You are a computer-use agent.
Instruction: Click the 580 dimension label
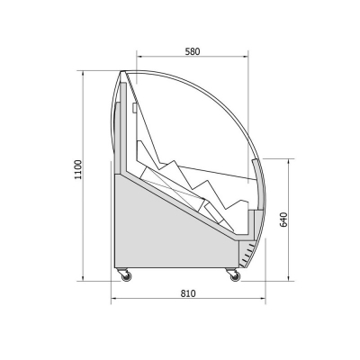193,51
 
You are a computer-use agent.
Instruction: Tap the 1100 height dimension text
78,169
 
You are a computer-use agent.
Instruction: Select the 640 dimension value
283,220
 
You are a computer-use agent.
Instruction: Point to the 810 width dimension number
188,293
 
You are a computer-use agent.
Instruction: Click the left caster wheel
126,276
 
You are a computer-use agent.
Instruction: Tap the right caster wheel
235,276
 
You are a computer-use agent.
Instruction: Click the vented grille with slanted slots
247,254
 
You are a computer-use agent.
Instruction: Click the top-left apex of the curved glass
122,71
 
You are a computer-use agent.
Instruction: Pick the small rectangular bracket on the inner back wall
134,108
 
